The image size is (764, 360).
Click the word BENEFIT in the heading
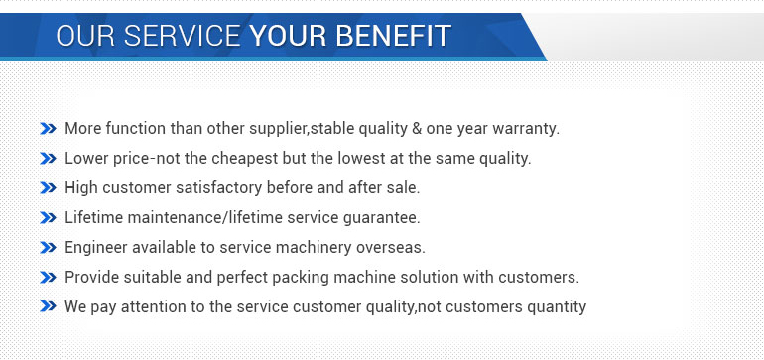(393, 36)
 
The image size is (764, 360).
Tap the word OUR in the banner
(85, 36)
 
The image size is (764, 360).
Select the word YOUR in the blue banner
(288, 36)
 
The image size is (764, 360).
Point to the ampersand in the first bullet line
(417, 129)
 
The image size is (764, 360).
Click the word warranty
(526, 130)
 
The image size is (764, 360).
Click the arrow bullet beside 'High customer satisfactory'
(48, 188)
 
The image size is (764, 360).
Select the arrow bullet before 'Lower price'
(48, 159)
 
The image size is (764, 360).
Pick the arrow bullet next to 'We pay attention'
(48, 306)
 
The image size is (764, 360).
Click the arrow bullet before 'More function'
(48, 129)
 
